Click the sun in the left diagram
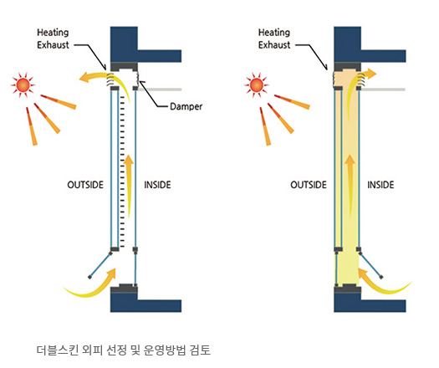pyautogui.click(x=23, y=84)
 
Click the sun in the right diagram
pyautogui.click(x=257, y=84)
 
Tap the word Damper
pyautogui.click(x=186, y=106)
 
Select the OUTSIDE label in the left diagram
pyautogui.click(x=85, y=185)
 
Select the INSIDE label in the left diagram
pyautogui.click(x=158, y=185)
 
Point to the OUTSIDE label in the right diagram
pyautogui.click(x=309, y=185)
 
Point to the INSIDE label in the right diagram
pyautogui.click(x=380, y=185)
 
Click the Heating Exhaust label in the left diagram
pyautogui.click(x=53, y=38)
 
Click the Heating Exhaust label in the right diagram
pyautogui.click(x=274, y=38)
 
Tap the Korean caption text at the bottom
pyautogui.click(x=124, y=350)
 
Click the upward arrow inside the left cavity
pyautogui.click(x=129, y=187)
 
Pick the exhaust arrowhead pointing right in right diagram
pyautogui.click(x=372, y=74)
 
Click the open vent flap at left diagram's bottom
pyautogui.click(x=100, y=265)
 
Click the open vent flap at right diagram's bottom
pyautogui.click(x=371, y=265)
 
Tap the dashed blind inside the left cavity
pyautogui.click(x=122, y=171)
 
